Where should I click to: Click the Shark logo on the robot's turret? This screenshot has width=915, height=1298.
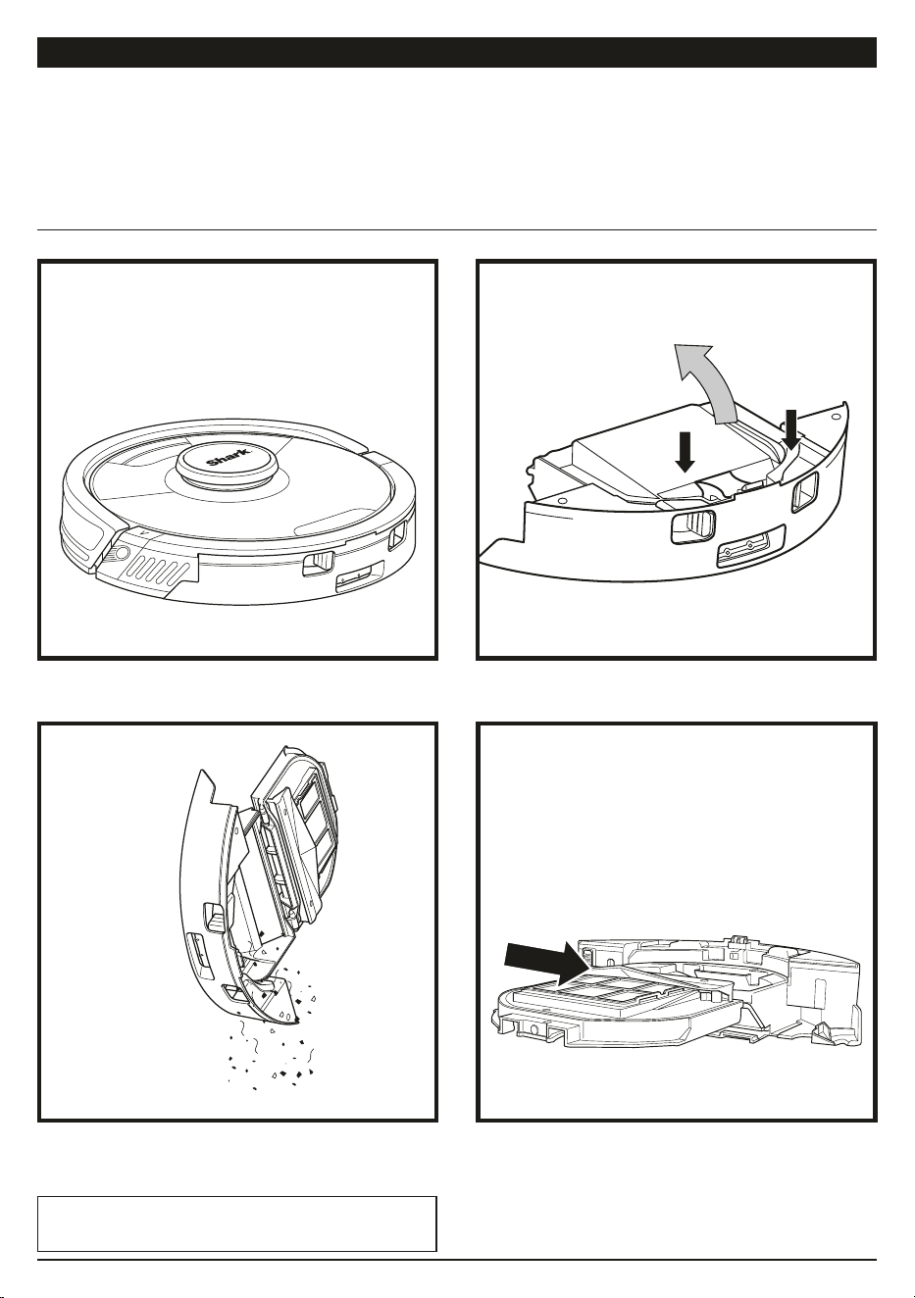coord(229,457)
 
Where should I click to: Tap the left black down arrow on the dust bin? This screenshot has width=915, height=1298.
coord(686,452)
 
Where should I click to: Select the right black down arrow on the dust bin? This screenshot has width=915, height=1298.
coord(791,428)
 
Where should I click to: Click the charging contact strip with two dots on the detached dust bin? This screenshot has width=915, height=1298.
coord(750,547)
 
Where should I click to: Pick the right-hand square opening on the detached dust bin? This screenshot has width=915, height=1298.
coord(805,492)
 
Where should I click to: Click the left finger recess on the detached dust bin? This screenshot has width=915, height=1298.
coord(693,526)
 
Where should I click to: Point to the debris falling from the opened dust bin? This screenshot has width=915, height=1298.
coord(270,1037)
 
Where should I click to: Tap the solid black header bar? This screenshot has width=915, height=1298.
coord(457,53)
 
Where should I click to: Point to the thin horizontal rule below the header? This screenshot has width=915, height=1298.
coord(457,230)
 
